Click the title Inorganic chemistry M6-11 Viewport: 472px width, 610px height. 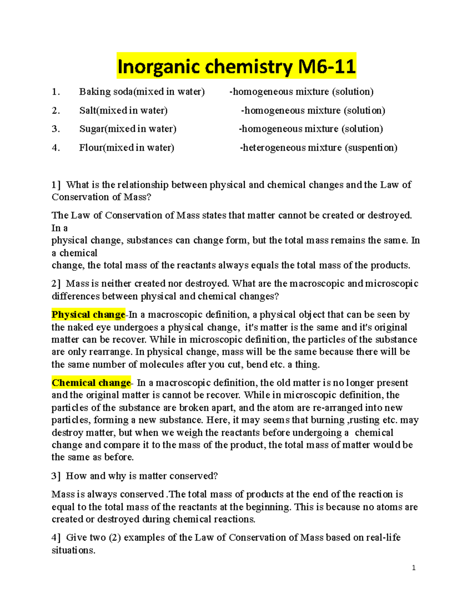[236, 66]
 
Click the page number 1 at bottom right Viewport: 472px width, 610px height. [413, 568]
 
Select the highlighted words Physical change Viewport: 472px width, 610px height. [88, 315]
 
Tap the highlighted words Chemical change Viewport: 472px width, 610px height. [91, 383]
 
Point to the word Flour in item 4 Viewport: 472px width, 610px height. [90, 148]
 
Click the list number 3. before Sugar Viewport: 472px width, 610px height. [56, 129]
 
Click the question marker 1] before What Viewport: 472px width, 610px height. [56, 185]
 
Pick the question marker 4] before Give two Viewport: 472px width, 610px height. [56, 537]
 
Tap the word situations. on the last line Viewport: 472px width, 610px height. [74, 550]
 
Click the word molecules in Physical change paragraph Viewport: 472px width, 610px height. [161, 365]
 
